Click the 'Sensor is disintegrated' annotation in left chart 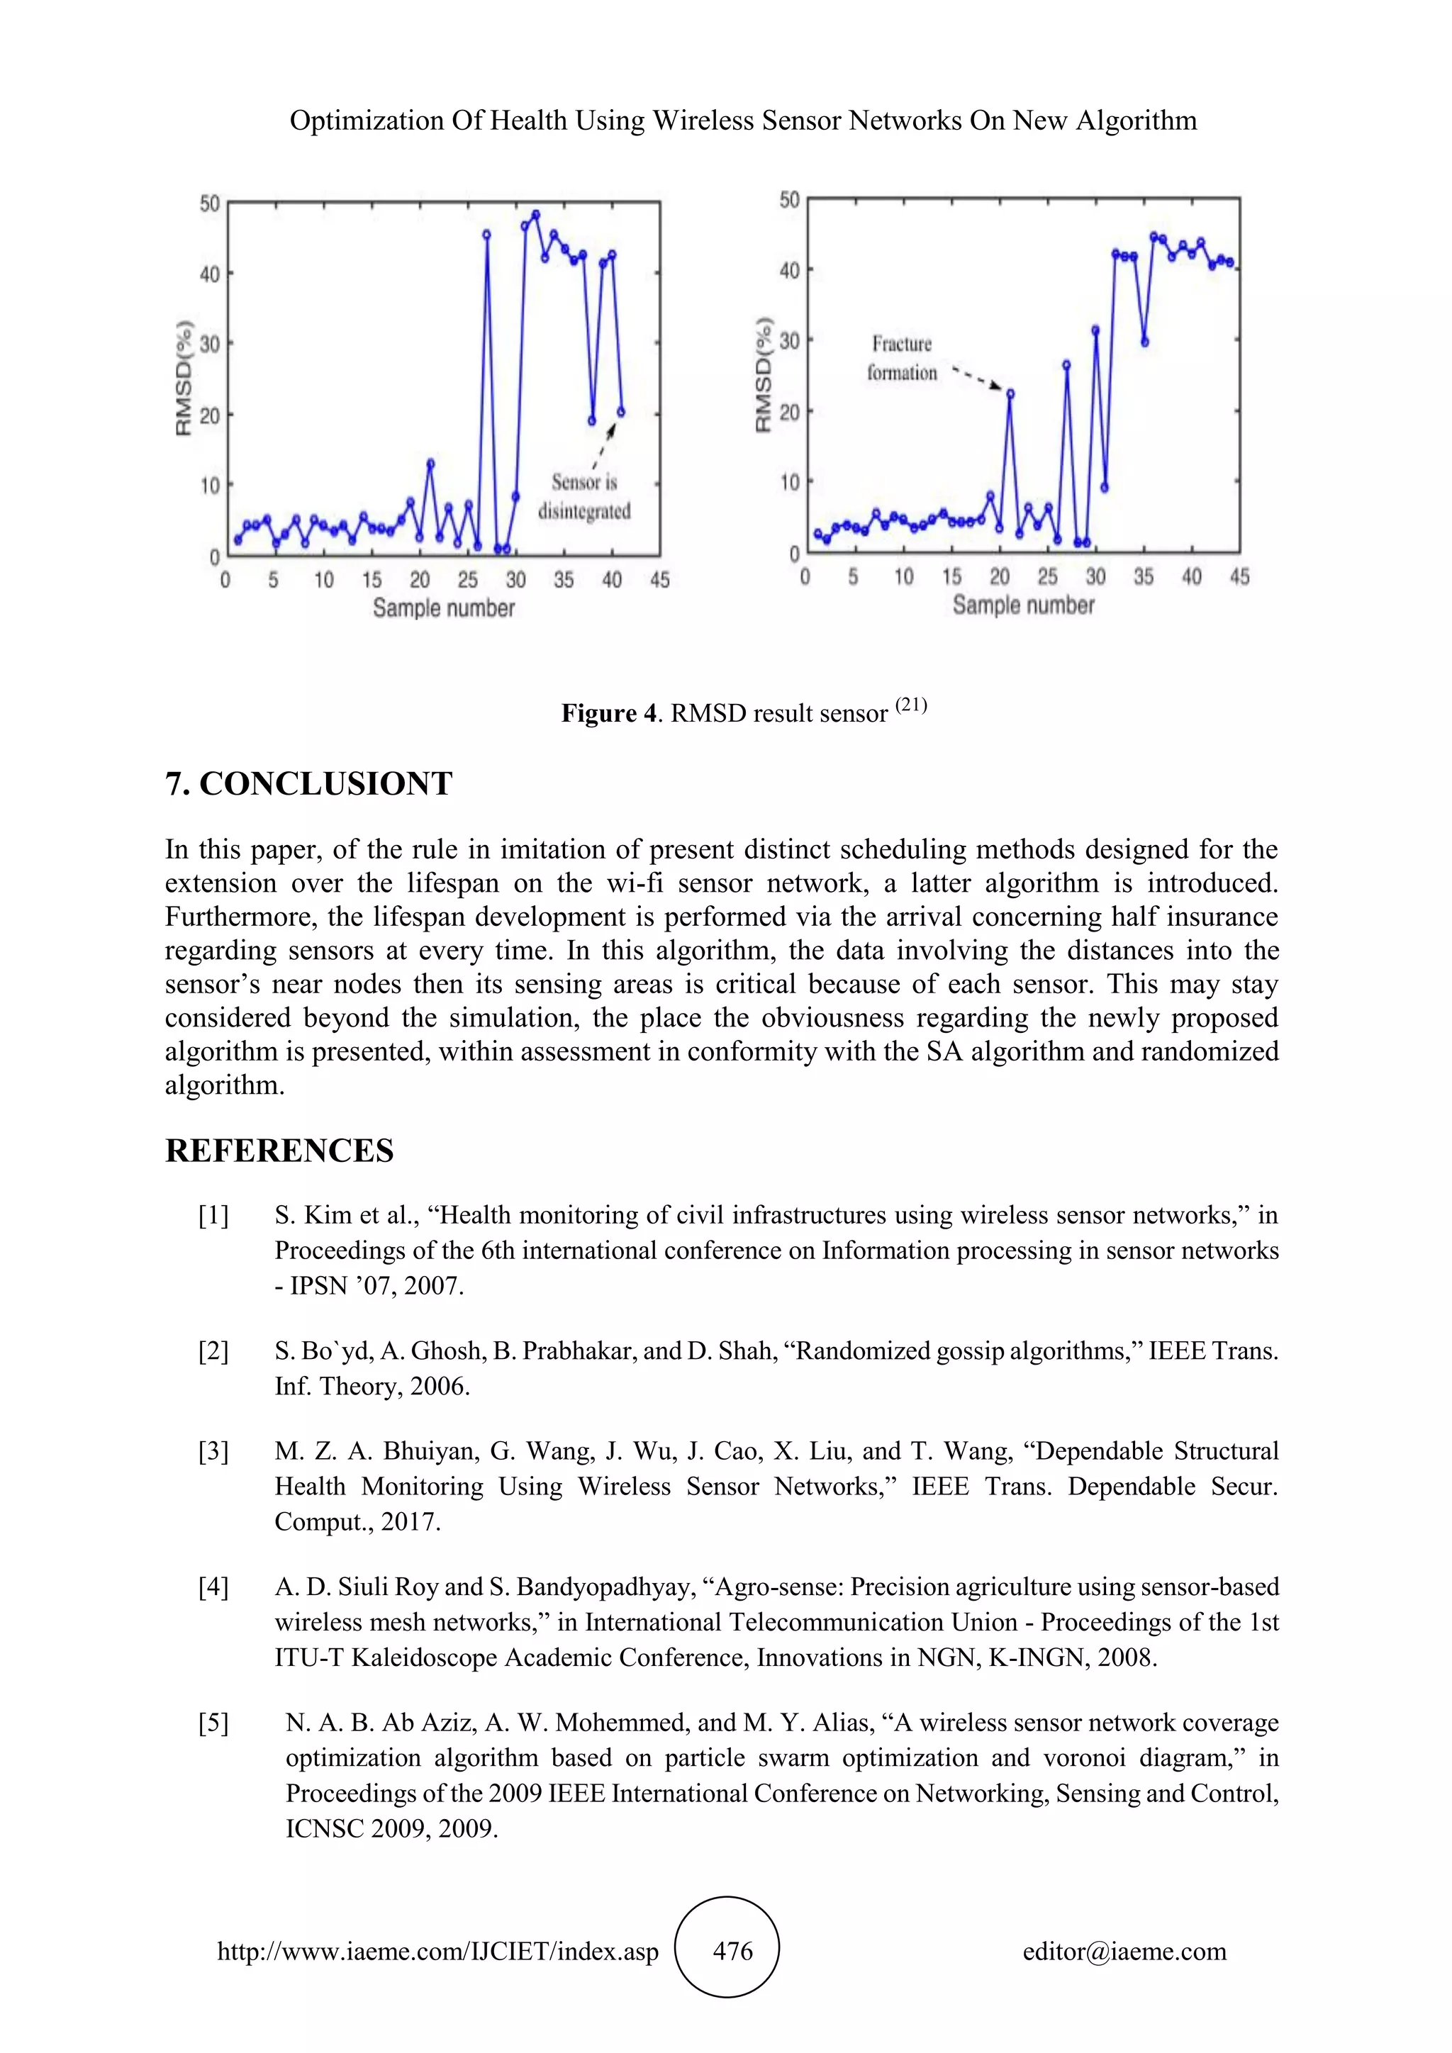pyautogui.click(x=583, y=497)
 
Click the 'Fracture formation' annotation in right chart pyautogui.click(x=901, y=359)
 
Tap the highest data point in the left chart pyautogui.click(x=535, y=215)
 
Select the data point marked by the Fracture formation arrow pyautogui.click(x=1010, y=393)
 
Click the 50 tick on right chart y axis pyautogui.click(x=788, y=199)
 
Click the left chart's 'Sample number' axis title pyautogui.click(x=443, y=608)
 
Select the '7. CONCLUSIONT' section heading pyautogui.click(x=308, y=784)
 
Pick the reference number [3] pyautogui.click(x=213, y=1451)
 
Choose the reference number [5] pyautogui.click(x=213, y=1723)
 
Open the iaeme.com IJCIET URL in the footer pyautogui.click(x=438, y=1952)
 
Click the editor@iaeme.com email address pyautogui.click(x=1124, y=1952)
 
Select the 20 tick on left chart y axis pyautogui.click(x=209, y=415)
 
